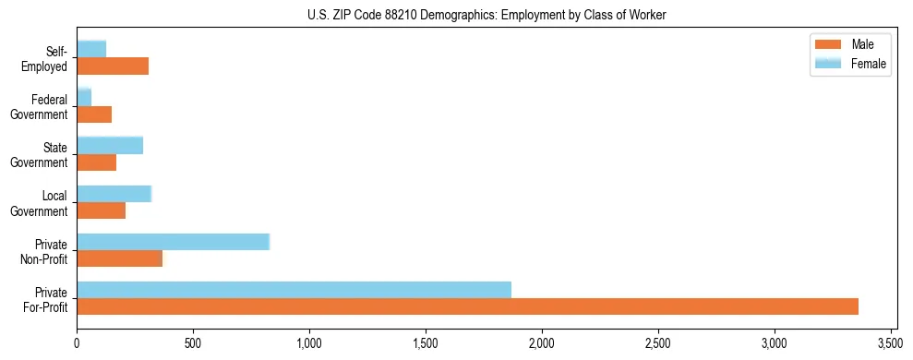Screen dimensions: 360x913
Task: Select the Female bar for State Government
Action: coord(110,145)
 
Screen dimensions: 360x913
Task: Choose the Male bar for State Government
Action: coord(96,162)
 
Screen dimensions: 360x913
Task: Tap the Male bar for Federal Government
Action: coord(94,114)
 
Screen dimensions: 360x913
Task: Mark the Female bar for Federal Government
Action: coord(84,97)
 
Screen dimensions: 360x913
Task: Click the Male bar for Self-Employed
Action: coord(113,66)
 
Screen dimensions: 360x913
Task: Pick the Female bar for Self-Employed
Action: coord(91,49)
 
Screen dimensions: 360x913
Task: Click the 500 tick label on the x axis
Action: coord(193,344)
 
